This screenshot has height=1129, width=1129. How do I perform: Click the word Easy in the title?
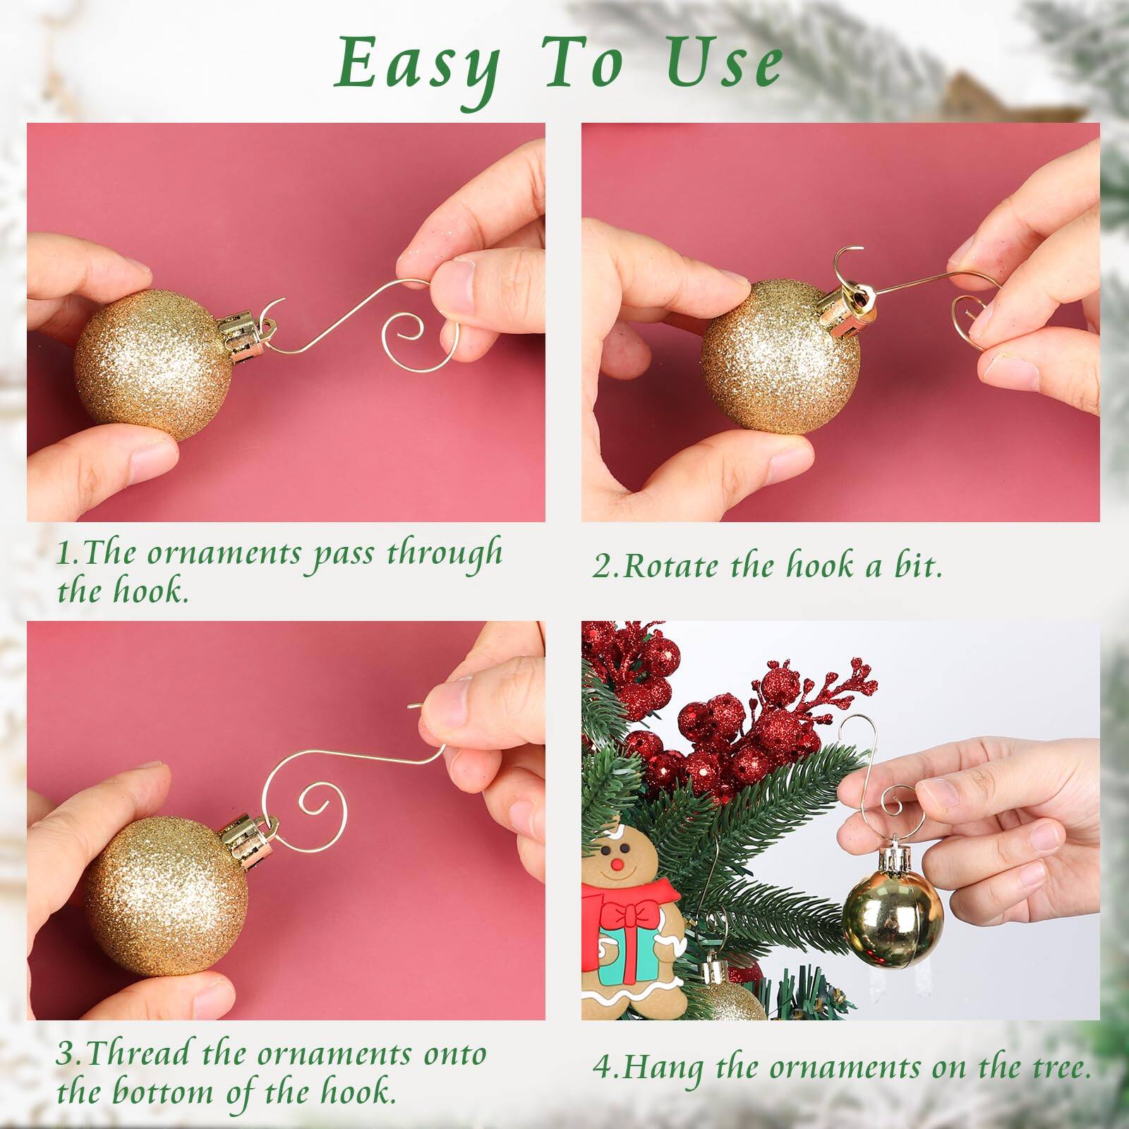[418, 66]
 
